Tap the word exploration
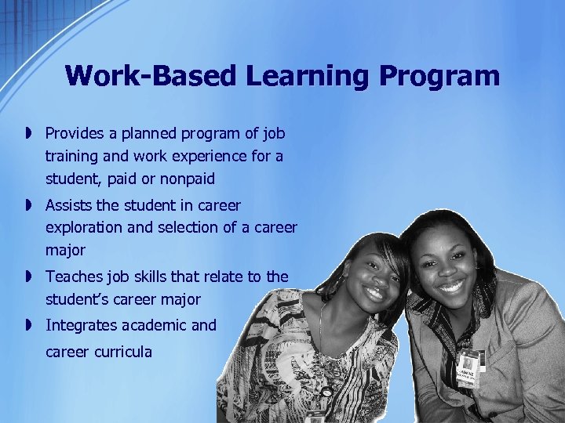coord(84,228)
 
